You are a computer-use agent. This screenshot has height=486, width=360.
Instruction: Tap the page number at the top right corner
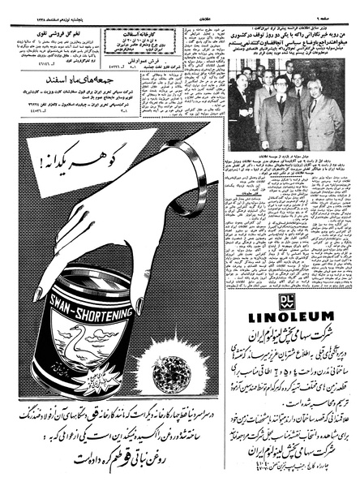coord(341,6)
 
